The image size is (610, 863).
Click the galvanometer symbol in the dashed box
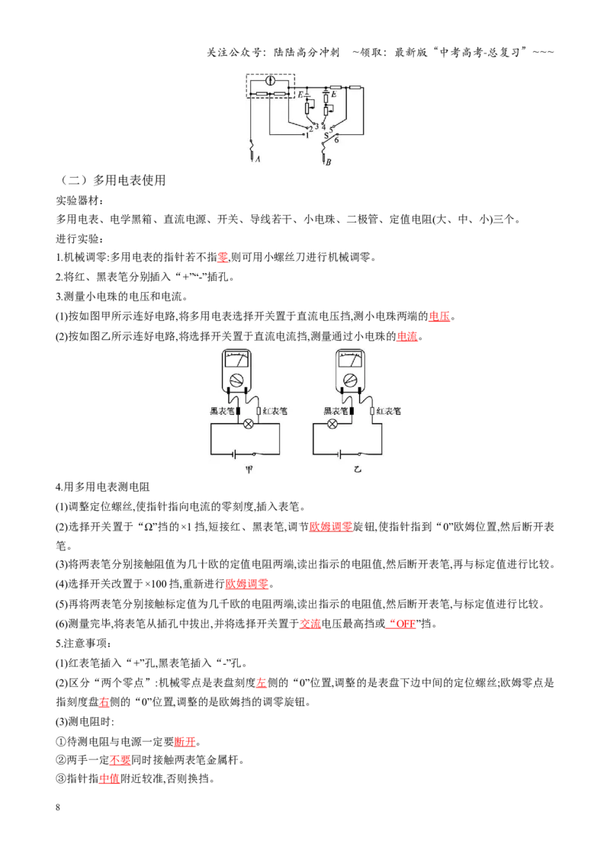click(x=270, y=81)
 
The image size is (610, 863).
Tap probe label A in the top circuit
click(x=258, y=159)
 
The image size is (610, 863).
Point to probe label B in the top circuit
click(x=329, y=162)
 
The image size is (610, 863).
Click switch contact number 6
click(x=336, y=140)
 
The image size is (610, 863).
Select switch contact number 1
click(x=307, y=136)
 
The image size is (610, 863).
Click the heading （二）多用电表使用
click(x=112, y=180)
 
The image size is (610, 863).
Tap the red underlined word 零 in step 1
click(x=223, y=257)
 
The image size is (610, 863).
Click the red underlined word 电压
click(x=439, y=316)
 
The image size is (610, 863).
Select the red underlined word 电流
click(x=407, y=335)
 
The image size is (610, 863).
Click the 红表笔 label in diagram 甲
click(x=274, y=411)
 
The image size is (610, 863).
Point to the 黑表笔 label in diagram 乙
click(x=335, y=411)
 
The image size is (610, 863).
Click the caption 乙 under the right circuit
click(x=358, y=470)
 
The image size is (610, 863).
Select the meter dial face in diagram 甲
click(x=236, y=360)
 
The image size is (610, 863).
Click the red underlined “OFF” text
click(x=401, y=624)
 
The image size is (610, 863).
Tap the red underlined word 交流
click(x=310, y=624)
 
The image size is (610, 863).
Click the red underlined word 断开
click(x=185, y=741)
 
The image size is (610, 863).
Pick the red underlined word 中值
click(x=110, y=778)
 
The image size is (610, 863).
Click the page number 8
click(x=58, y=807)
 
